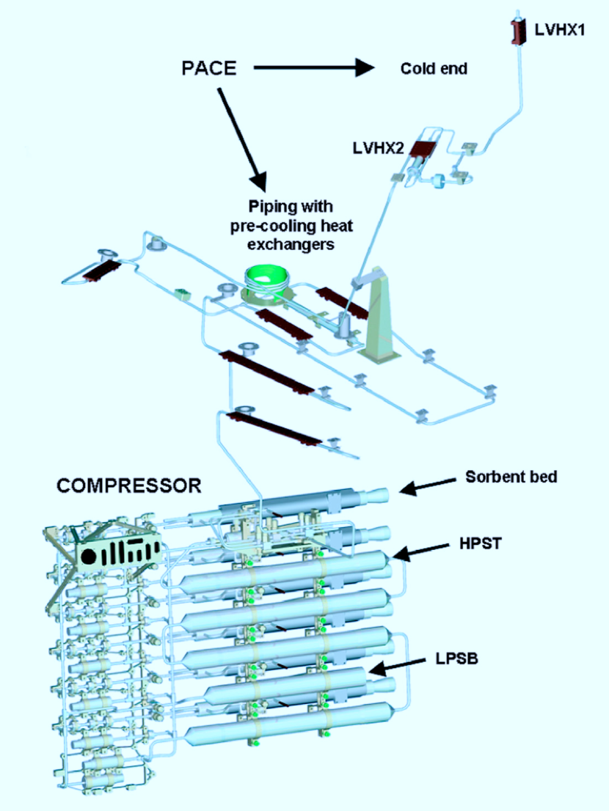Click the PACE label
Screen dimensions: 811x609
[x=209, y=69]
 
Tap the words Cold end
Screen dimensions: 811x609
[x=434, y=69]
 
